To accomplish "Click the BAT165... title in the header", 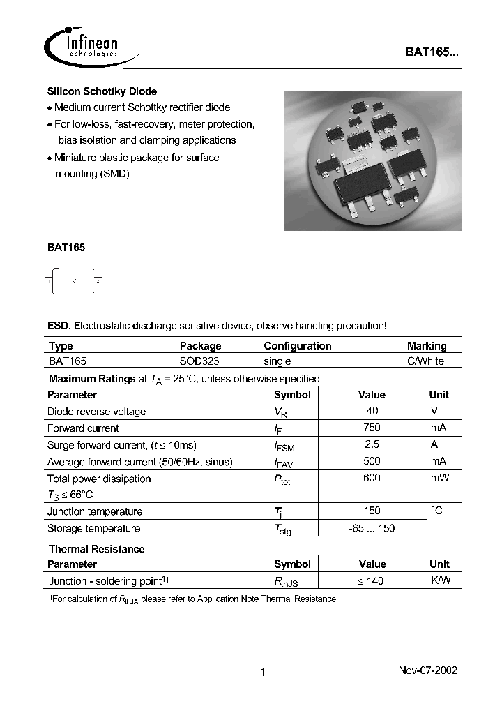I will click(x=432, y=52).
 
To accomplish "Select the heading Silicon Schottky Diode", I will click(x=102, y=91).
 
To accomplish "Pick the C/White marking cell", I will click(x=425, y=361).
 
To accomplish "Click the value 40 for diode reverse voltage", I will click(x=372, y=411).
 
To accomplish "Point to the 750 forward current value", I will click(x=372, y=428).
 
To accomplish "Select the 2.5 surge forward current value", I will click(x=372, y=444).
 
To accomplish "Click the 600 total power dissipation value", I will click(x=372, y=478).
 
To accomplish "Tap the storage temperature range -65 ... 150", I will click(x=372, y=528).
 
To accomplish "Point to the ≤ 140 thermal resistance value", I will click(x=372, y=580).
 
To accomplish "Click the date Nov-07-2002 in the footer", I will click(x=427, y=670).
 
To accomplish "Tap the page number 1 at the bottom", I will click(x=262, y=673).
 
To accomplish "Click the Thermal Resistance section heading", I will click(x=96, y=549).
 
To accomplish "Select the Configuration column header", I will click(x=298, y=345).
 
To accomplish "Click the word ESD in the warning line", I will click(x=58, y=326).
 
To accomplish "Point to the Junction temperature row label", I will click(x=95, y=511).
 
